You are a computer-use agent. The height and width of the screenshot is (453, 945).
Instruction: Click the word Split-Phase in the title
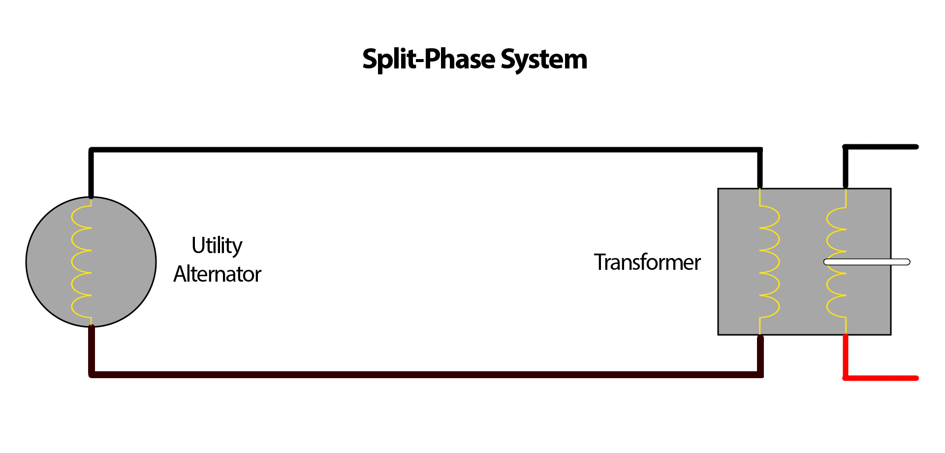[x=428, y=60]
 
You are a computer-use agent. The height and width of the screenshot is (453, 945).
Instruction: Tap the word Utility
[x=217, y=245]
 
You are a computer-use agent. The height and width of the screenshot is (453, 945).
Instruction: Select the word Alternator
[x=217, y=274]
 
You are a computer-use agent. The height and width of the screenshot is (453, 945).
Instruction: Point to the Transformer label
[x=647, y=262]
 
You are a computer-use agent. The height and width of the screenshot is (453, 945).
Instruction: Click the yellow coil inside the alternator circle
[x=82, y=261]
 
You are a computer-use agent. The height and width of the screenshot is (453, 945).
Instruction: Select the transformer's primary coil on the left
[x=769, y=261]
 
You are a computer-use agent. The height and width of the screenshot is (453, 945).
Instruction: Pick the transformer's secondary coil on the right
[x=837, y=261]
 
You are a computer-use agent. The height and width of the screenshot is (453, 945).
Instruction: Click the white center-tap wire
[x=866, y=262]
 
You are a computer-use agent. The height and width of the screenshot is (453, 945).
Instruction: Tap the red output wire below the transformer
[x=881, y=378]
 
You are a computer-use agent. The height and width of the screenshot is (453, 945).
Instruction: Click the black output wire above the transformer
[x=881, y=147]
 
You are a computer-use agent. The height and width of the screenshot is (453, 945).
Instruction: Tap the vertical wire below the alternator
[x=92, y=350]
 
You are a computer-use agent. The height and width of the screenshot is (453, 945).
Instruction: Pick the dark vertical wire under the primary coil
[x=760, y=355]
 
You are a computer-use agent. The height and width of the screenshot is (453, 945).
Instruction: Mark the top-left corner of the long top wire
[x=92, y=150]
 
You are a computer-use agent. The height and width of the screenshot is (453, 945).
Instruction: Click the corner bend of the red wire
[x=846, y=378]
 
